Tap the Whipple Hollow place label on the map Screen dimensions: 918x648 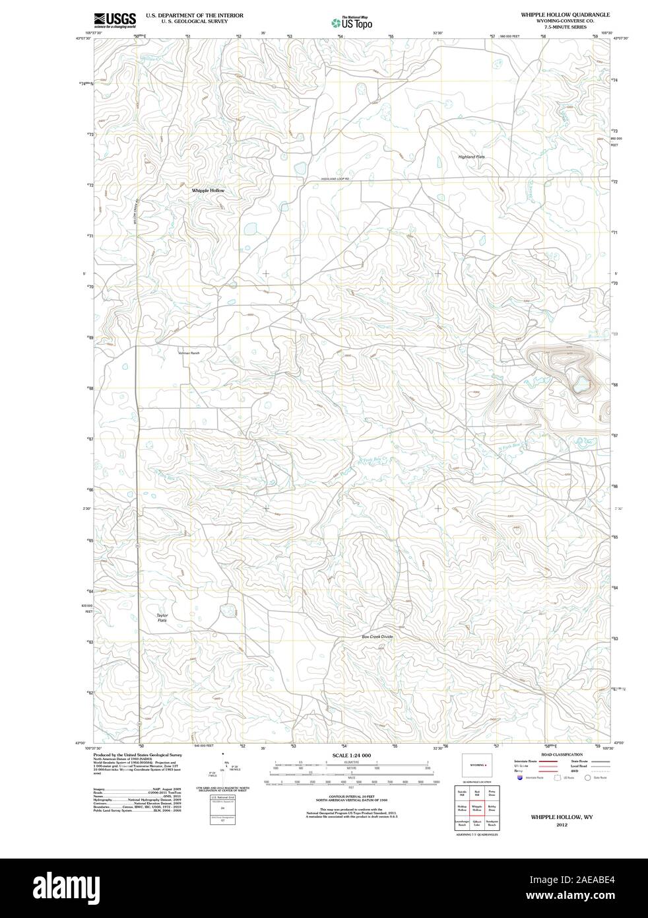[208, 190]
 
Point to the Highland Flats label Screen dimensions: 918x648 [471, 157]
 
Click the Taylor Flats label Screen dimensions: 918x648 [162, 618]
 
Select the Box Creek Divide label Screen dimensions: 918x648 [377, 636]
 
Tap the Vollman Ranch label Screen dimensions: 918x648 [189, 353]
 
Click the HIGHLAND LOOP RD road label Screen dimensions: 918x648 [334, 179]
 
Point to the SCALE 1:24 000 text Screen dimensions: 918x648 [352, 755]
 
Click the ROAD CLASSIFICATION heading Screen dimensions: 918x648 [562, 754]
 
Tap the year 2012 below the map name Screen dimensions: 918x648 [562, 825]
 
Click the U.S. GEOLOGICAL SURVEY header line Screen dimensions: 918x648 [187, 21]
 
